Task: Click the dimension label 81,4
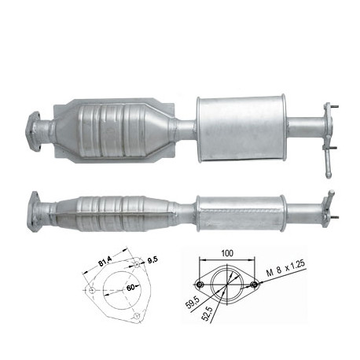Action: [105, 262]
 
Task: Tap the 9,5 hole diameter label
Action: [153, 260]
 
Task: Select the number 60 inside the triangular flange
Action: [130, 287]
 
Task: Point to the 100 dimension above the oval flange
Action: [227, 253]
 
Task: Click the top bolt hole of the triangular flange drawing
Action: [137, 265]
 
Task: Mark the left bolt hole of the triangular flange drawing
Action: [92, 290]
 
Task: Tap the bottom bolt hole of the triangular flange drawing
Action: [137, 316]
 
